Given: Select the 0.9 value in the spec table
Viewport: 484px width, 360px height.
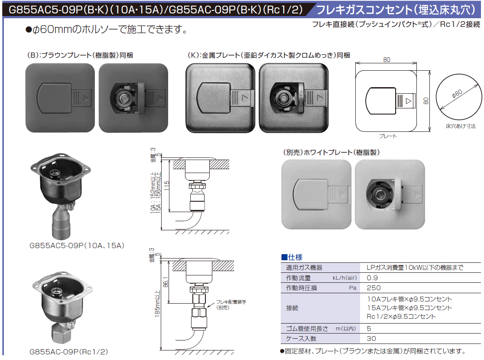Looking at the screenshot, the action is pos(372,278).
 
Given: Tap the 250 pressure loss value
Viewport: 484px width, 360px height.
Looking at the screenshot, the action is pos(374,288).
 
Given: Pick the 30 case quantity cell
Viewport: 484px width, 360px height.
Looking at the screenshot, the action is pos(371,338).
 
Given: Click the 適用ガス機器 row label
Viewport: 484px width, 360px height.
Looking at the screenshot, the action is pos(304,268).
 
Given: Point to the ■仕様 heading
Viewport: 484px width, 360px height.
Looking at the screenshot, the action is pos(292,257).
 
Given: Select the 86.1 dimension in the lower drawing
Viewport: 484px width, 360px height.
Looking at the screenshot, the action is pos(166,282).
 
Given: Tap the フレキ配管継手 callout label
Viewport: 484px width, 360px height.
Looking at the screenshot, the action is pos(231,304).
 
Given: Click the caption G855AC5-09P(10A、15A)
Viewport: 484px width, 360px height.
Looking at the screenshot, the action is pos(77,245).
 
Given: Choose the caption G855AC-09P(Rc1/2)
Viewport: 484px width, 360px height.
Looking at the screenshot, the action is pos(68,352).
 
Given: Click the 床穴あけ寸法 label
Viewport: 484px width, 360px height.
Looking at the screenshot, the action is pos(461,126).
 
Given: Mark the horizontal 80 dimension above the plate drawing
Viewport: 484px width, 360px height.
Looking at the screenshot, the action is pos(387,60).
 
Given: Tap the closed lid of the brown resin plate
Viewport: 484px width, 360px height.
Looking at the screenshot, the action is pos(55,98).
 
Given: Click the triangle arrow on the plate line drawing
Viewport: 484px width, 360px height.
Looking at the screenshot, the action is pos(408,101).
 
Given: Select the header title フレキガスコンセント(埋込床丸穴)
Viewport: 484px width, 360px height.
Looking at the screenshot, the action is pos(396,10).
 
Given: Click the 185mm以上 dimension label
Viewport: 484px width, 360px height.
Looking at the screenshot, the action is pos(157,304).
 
